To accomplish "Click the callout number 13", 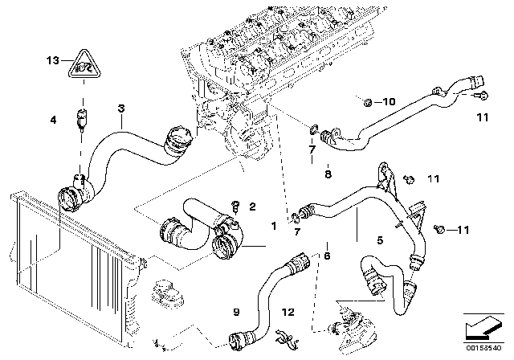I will [x=52, y=60].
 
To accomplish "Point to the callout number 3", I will [x=120, y=108].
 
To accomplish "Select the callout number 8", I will [x=327, y=173].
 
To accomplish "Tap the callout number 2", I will [x=252, y=207].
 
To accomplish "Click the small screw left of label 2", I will [x=236, y=204].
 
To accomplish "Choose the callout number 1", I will [x=274, y=227].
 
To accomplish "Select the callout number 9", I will [x=235, y=311].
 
